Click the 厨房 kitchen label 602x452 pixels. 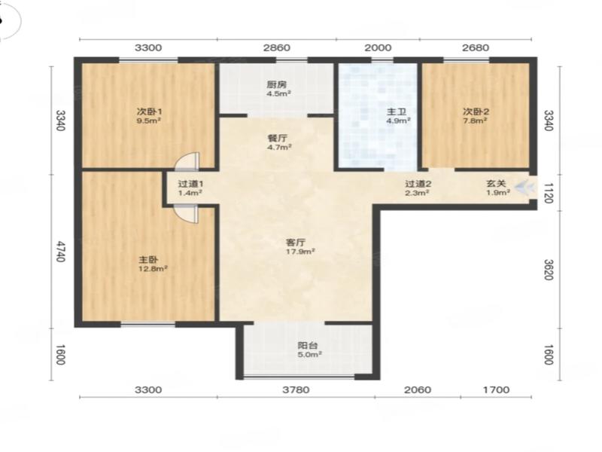coord(276,84)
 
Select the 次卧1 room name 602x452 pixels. coord(149,111)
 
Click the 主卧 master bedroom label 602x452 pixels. coord(148,260)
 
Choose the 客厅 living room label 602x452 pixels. coord(296,243)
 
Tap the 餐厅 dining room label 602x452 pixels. coord(277,138)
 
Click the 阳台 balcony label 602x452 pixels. coord(308,346)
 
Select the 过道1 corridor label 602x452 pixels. coord(190,184)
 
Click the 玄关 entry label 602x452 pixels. coord(496,184)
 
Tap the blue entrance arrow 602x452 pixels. coord(524,188)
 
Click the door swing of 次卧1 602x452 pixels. coord(187,160)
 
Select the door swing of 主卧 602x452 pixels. coord(187,214)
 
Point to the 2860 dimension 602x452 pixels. coord(276,47)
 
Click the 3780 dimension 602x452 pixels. coord(296,389)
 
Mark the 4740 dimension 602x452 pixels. coord(61,252)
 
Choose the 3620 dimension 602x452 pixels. coord(549,270)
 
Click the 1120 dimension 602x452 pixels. coord(549,193)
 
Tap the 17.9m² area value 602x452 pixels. coord(300,252)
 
